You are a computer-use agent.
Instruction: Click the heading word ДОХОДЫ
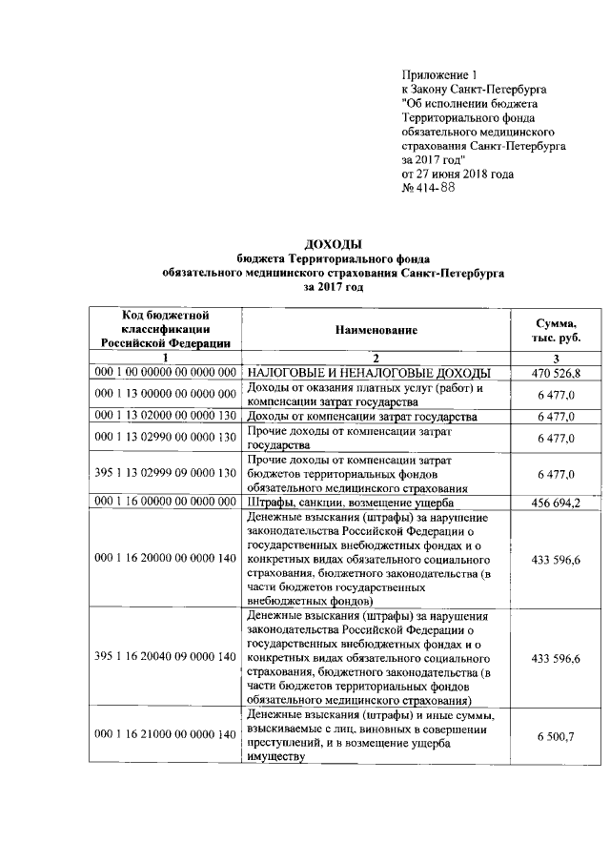pyautogui.click(x=333, y=245)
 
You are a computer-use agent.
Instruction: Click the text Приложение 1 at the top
pyautogui.click(x=438, y=74)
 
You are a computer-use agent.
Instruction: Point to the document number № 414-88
pyautogui.click(x=429, y=189)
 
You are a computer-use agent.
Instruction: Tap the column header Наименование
pyautogui.click(x=376, y=330)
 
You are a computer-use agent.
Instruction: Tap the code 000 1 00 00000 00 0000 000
pyautogui.click(x=166, y=372)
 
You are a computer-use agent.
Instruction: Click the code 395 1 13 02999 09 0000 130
pyautogui.click(x=166, y=473)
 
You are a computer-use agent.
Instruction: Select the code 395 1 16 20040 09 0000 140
pyautogui.click(x=166, y=658)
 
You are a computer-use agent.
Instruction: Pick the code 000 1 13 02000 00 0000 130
pyautogui.click(x=166, y=416)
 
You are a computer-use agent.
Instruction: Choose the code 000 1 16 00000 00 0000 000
pyautogui.click(x=166, y=502)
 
